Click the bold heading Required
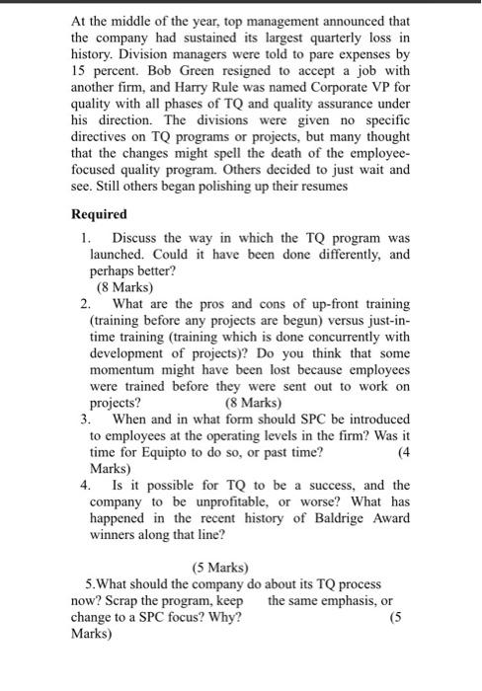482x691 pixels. [99, 214]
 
